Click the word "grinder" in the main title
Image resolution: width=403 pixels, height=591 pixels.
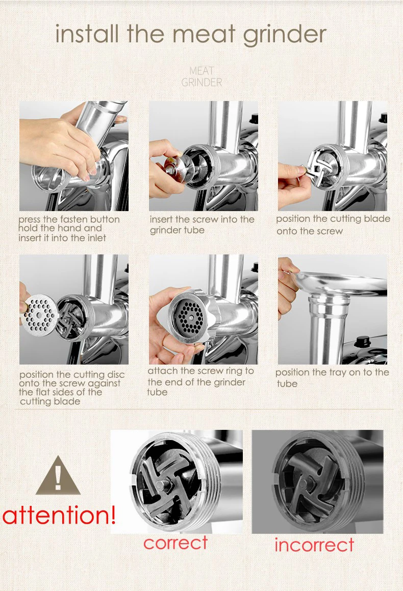pyautogui.click(x=285, y=35)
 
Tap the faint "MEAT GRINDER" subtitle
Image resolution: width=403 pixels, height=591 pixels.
pyautogui.click(x=202, y=76)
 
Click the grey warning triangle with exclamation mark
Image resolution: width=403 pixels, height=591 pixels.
pyautogui.click(x=58, y=475)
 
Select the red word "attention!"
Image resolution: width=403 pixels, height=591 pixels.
pyautogui.click(x=59, y=515)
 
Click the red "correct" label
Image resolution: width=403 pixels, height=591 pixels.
pyautogui.click(x=175, y=543)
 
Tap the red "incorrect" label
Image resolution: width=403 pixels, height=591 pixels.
pyautogui.click(x=314, y=545)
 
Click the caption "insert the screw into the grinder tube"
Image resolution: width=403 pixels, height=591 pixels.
pyautogui.click(x=202, y=225)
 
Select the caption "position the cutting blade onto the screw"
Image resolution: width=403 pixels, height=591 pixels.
pyautogui.click(x=333, y=225)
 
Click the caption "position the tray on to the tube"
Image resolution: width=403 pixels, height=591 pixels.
pyautogui.click(x=332, y=378)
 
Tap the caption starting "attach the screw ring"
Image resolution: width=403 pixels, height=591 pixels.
pyautogui.click(x=200, y=381)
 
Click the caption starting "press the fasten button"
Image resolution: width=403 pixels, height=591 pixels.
pyautogui.click(x=69, y=228)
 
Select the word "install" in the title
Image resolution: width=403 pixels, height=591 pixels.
pyautogui.click(x=87, y=34)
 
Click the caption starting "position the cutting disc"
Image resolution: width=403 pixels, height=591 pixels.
pyautogui.click(x=71, y=388)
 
